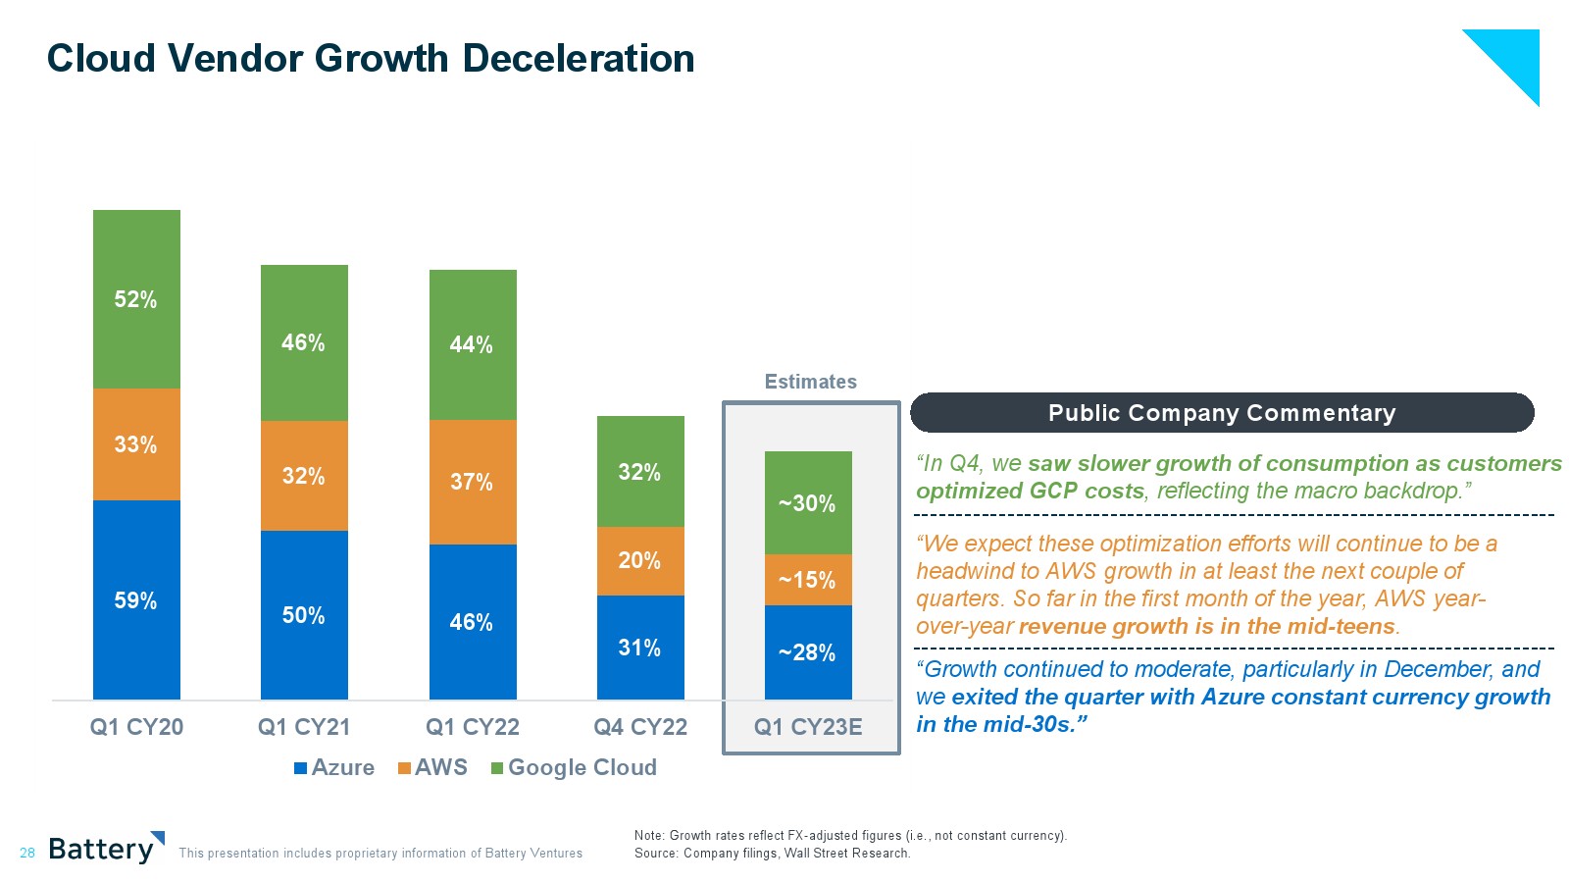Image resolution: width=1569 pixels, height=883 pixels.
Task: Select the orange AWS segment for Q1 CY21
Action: tap(304, 476)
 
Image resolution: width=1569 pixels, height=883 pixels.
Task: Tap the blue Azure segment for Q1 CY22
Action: tap(473, 622)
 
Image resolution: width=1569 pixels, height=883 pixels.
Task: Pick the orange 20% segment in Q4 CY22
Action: tap(640, 560)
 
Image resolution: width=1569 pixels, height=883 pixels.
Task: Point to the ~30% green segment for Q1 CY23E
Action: tap(808, 502)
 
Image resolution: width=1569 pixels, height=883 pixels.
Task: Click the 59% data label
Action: tap(135, 600)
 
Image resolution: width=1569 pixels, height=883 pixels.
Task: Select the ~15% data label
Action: tap(807, 580)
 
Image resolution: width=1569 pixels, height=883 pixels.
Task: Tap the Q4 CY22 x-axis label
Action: tap(640, 727)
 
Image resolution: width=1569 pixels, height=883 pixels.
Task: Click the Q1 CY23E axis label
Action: tap(808, 727)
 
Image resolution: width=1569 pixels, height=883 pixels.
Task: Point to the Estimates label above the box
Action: tap(810, 382)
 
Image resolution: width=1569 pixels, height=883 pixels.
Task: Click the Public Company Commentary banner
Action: tap(1221, 413)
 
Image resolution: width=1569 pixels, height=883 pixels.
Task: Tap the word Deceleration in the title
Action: tap(579, 59)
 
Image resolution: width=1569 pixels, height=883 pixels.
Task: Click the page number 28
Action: tap(27, 854)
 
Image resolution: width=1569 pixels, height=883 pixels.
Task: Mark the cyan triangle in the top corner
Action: tap(1515, 54)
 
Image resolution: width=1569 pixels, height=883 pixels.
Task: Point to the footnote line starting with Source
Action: tap(772, 854)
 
